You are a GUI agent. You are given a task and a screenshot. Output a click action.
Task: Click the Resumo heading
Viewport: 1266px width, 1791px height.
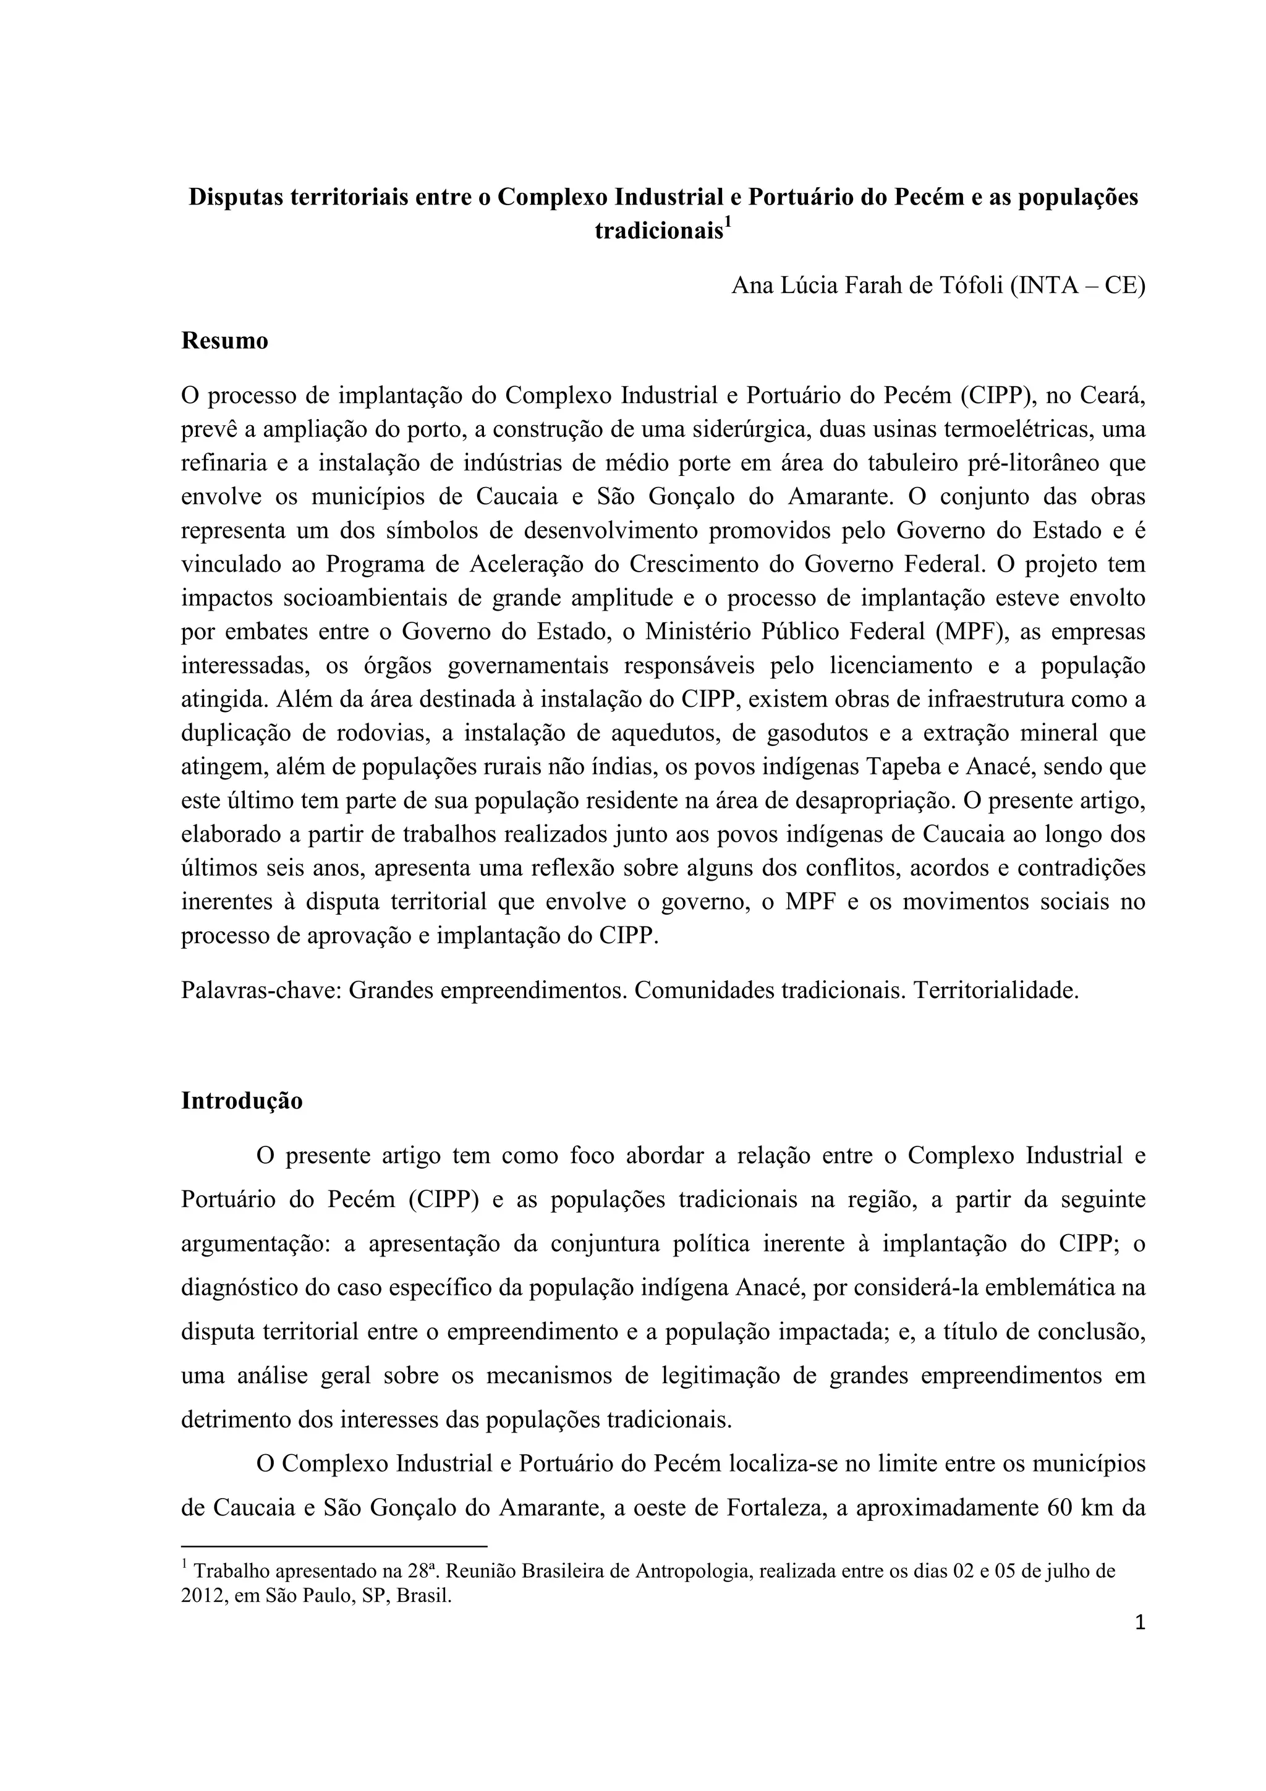click(224, 341)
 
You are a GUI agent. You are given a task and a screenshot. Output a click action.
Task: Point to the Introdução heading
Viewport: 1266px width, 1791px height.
click(242, 1101)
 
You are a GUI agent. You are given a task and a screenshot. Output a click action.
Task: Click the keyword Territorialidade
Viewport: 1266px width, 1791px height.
click(996, 991)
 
